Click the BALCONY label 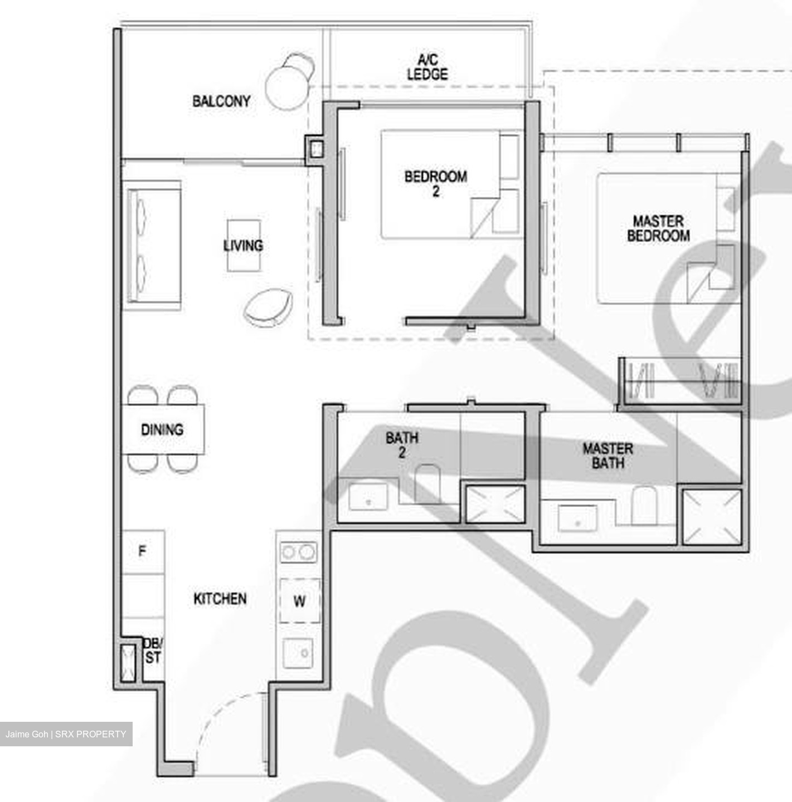point(221,101)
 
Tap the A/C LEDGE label point(427,67)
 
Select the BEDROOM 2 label point(435,183)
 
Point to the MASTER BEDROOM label point(658,228)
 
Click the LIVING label point(243,246)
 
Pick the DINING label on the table point(162,429)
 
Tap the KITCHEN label point(220,599)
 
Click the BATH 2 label point(402,444)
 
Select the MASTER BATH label point(608,455)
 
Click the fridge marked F point(143,551)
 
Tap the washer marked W point(299,601)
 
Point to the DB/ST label point(152,651)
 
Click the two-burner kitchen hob point(298,552)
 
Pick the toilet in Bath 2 point(427,482)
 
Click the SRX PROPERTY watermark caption point(66,734)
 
